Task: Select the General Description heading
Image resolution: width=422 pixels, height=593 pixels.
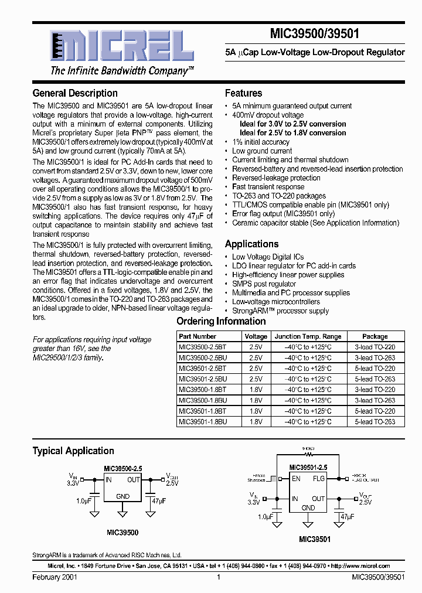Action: coord(75,93)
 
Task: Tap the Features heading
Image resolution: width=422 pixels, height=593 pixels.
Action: coord(243,93)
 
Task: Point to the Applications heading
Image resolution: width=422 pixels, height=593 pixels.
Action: coord(252,244)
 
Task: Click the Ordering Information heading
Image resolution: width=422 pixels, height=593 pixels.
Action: coord(221,321)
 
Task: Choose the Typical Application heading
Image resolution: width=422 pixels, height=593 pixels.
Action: coord(73,451)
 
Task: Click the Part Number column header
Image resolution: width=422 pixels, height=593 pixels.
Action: coord(198,336)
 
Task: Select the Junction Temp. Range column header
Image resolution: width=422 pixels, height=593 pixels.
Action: coord(308,336)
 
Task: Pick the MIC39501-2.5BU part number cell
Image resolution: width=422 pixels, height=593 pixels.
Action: coord(202,379)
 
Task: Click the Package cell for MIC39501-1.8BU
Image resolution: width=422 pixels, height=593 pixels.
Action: coord(375,422)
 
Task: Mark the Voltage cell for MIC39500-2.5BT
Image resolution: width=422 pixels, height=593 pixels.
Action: coord(256,347)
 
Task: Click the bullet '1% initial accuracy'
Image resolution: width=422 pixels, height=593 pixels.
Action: coord(261,142)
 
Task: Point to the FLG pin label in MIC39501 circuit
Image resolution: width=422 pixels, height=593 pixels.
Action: coord(318,478)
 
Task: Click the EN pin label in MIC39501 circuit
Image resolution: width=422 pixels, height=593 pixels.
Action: coord(296,478)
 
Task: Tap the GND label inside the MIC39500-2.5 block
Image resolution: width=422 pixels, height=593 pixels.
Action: coord(122,496)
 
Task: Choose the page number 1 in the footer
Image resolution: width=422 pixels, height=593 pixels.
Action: coord(218,577)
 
